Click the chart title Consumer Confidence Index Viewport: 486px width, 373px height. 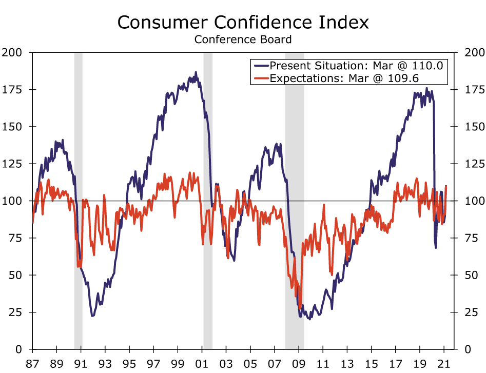point(243,23)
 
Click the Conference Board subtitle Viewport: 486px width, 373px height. point(243,39)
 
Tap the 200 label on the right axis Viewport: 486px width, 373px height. point(474,52)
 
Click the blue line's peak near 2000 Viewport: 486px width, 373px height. point(196,72)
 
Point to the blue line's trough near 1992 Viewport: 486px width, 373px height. point(92,316)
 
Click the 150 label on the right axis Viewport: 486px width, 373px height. point(474,127)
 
